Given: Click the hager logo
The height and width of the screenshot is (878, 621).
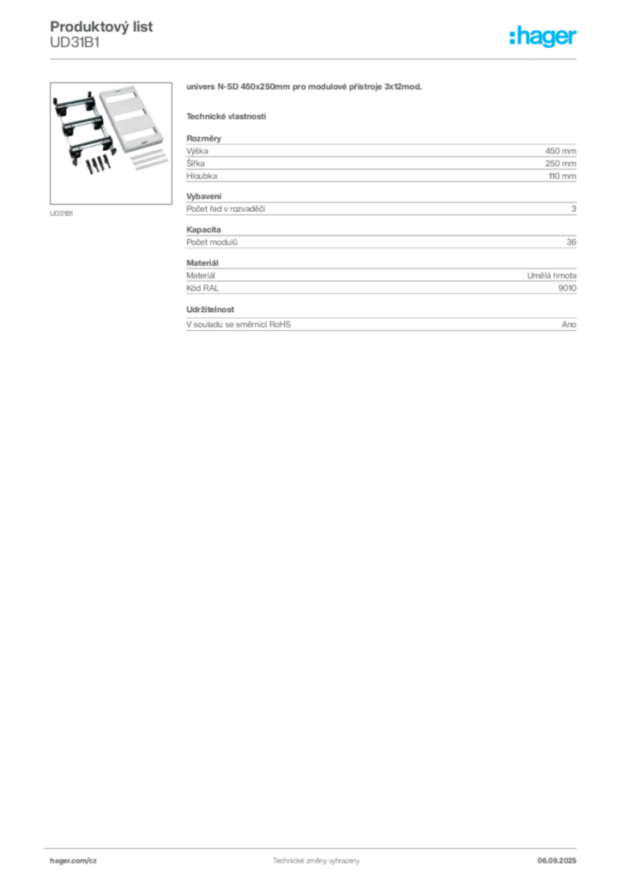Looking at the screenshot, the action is point(543,36).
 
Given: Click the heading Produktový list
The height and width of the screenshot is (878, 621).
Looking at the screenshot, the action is point(101,27).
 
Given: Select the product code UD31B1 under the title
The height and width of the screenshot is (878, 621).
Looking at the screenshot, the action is point(75,43).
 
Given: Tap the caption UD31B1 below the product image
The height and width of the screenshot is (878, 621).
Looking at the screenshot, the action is point(62,213).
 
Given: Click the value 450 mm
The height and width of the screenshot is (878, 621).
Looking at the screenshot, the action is point(560,151).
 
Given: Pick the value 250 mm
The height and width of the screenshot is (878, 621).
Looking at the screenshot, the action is point(560,164).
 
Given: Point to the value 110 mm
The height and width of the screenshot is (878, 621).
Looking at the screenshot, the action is point(562,176).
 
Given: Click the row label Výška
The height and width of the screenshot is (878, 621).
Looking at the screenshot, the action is point(197,151).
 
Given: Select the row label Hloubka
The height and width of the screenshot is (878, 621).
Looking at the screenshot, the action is point(202,176).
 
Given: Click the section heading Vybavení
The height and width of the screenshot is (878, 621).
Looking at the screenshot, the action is point(204,196).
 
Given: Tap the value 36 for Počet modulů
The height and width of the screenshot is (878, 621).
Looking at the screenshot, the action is point(571,243).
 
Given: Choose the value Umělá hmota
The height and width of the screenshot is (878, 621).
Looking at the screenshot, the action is point(552,275).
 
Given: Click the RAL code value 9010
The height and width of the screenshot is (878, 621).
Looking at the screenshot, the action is point(567,288).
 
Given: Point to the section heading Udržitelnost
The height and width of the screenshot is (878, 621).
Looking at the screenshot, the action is point(210,310).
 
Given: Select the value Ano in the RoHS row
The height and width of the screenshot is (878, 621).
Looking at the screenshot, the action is point(569,325).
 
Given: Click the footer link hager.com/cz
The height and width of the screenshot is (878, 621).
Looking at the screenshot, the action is point(74,861).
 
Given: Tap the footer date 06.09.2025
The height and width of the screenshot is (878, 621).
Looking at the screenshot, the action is point(557,861).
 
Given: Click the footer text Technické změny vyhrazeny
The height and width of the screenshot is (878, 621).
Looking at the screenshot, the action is point(317,861).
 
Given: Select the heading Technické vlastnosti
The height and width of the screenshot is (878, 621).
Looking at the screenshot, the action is point(226,117).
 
